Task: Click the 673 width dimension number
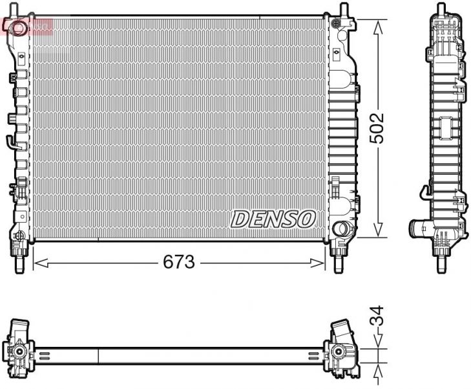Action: [x=179, y=262]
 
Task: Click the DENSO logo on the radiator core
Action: [x=273, y=219]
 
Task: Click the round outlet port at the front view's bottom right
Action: [x=340, y=228]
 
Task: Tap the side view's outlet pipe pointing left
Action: [x=417, y=228]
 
